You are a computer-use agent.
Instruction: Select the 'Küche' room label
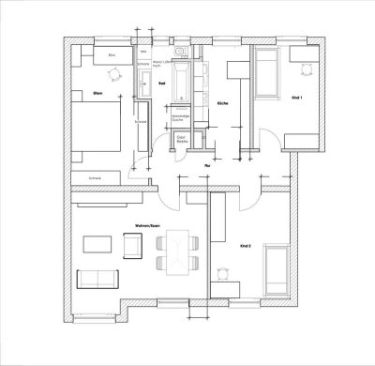pyautogui.click(x=222, y=102)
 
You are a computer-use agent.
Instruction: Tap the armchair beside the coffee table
pyautogui.click(x=129, y=245)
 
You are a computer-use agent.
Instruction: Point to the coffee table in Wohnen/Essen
pyautogui.click(x=97, y=245)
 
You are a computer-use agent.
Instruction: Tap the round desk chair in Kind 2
pyautogui.click(x=223, y=273)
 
